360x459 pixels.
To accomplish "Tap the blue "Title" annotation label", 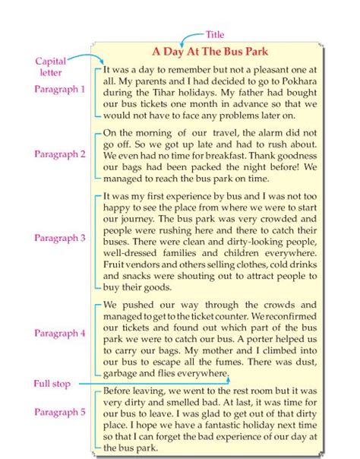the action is pyautogui.click(x=216, y=35).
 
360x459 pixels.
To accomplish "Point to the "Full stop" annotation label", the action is pyautogui.click(x=52, y=384).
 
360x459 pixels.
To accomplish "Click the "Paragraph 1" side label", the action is pyautogui.click(x=60, y=89).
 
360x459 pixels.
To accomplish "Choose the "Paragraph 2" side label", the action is pyautogui.click(x=60, y=154).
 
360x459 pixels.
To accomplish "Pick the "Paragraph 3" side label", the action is pyautogui.click(x=60, y=237).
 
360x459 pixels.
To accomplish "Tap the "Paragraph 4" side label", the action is pyautogui.click(x=60, y=333).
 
